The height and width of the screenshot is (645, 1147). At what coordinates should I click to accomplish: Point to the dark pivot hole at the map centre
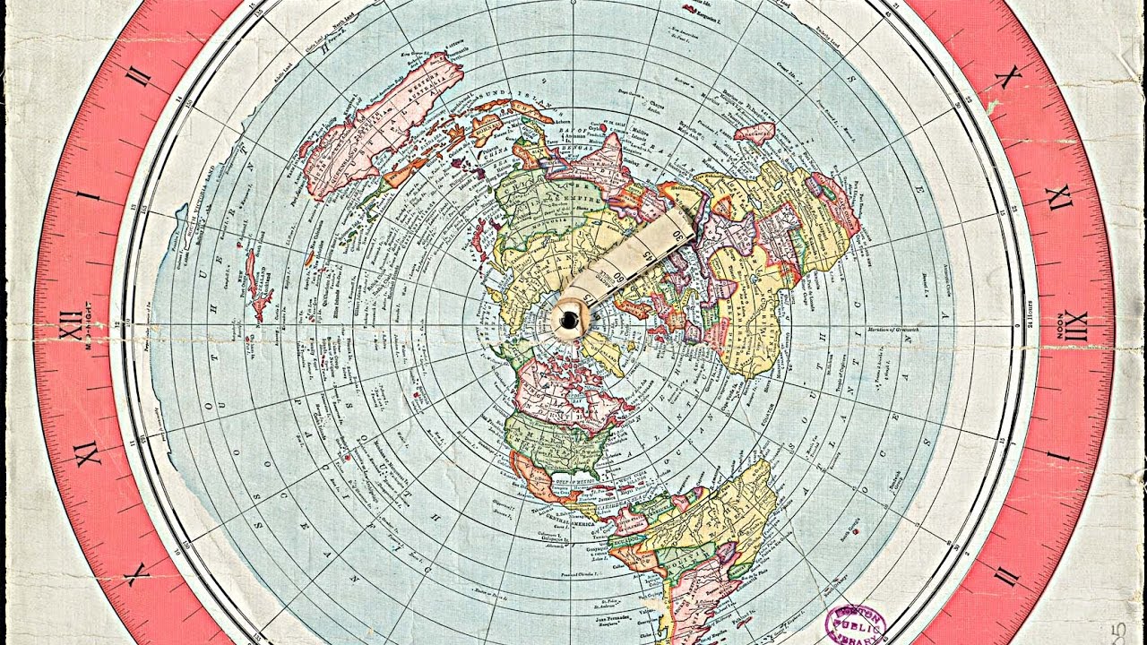tap(569, 319)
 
